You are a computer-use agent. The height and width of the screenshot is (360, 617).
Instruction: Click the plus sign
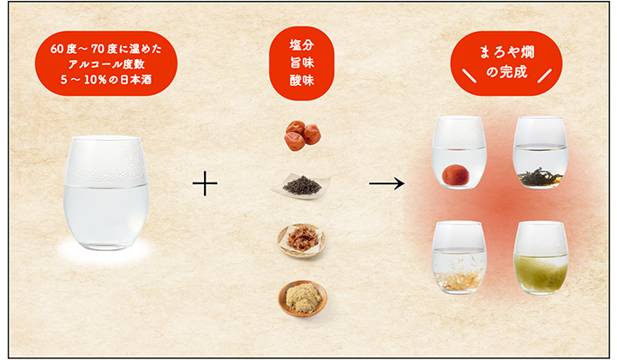[205, 183]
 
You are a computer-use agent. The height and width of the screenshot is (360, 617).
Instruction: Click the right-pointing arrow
[386, 183]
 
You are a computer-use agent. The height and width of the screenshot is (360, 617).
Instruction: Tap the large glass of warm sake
[106, 193]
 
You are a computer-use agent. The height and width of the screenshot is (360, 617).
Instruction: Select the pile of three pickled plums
[303, 135]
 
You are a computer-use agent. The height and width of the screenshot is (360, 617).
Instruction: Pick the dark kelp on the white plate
[302, 185]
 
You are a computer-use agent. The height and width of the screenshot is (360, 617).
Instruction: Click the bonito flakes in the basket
[303, 240]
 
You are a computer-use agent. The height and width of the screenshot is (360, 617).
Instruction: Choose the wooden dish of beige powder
[303, 298]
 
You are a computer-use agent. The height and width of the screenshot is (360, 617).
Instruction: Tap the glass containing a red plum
[459, 153]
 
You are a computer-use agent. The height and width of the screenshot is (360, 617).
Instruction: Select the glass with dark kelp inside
[540, 153]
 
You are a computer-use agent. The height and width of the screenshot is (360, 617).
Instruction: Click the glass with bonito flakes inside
[459, 258]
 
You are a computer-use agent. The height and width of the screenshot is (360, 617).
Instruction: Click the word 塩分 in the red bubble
[302, 45]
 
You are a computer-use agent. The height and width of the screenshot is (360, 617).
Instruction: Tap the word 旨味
[302, 63]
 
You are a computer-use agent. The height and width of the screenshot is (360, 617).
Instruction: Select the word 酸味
[302, 81]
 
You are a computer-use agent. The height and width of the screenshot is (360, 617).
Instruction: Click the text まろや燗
[506, 52]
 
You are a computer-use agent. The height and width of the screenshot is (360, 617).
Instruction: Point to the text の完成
[506, 72]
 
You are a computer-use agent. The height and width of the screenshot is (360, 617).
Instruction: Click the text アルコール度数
[106, 64]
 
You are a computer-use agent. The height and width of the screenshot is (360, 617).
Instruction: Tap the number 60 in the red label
[57, 49]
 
